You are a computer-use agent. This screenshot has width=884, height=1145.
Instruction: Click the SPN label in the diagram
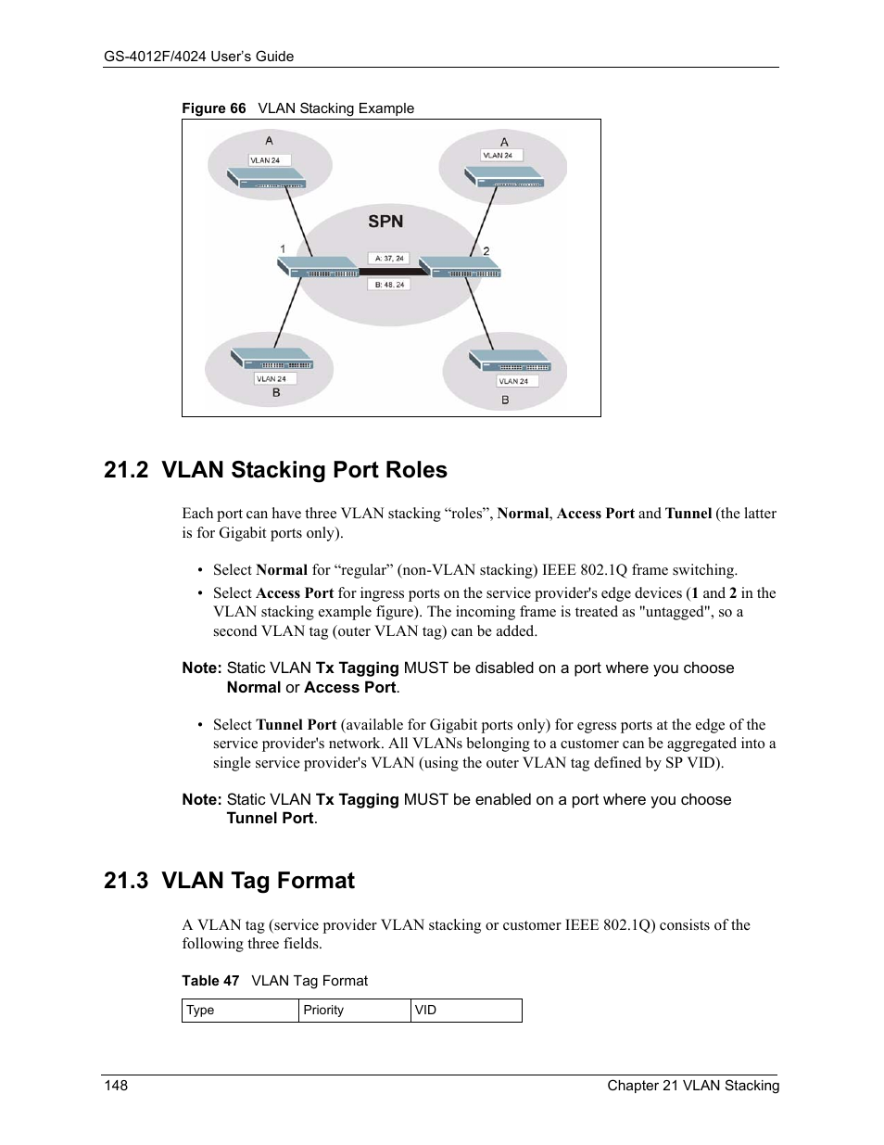pos(385,222)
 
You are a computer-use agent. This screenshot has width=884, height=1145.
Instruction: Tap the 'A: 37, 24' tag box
pos(389,258)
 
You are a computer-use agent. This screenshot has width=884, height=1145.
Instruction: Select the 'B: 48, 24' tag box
pos(389,285)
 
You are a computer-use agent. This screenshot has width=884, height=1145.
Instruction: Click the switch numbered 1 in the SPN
pos(319,268)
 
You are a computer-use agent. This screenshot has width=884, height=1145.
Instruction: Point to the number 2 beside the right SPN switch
pos(486,251)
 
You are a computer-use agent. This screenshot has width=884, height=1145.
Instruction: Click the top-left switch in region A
pos(267,179)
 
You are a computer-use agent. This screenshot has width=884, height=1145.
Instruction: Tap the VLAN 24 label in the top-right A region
pos(498,156)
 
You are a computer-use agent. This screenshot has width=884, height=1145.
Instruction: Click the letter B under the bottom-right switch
pos(505,400)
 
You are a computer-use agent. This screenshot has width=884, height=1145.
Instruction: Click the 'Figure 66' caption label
pos(214,108)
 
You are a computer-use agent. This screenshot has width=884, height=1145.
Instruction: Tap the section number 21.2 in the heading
pos(126,470)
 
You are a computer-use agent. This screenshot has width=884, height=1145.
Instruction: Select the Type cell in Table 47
pos(239,1011)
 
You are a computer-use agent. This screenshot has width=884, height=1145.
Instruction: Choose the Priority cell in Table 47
pos(354,1011)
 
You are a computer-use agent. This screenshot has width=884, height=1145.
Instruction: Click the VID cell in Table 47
pos(465,1011)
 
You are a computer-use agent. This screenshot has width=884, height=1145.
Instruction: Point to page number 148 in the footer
pos(116,1086)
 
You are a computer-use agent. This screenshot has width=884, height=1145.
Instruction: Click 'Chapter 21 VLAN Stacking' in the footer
pos(693,1086)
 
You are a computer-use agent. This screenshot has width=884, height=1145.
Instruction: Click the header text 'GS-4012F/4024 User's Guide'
pos(199,57)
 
